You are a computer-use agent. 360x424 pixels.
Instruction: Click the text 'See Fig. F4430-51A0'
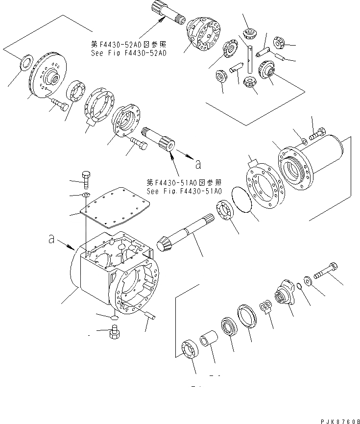tap(184, 191)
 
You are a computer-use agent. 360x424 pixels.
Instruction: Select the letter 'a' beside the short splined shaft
tap(197, 164)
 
